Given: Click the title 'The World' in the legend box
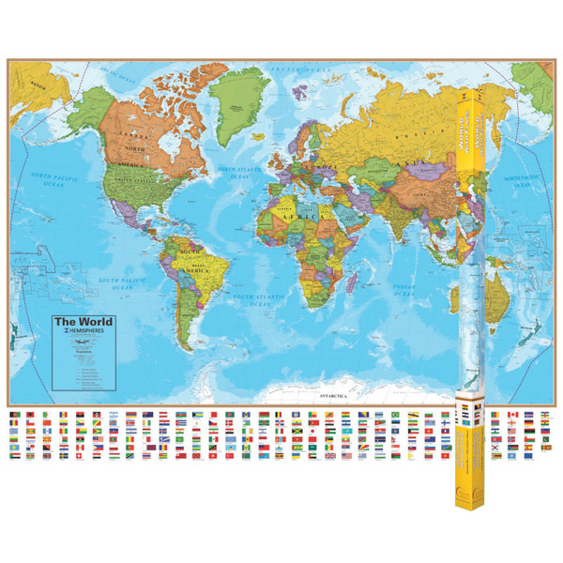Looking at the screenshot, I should pos(76,322).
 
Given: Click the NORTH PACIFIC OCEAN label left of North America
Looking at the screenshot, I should pos(53,179).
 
